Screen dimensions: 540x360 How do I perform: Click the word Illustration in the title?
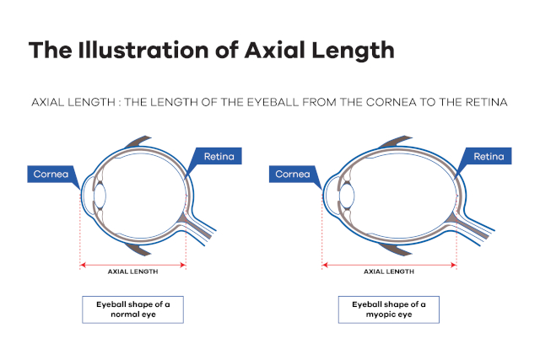(x=143, y=51)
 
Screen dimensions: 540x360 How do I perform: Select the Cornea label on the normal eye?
(x=51, y=175)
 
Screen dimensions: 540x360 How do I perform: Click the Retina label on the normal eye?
(x=219, y=156)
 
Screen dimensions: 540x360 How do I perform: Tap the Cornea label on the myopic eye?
(x=293, y=175)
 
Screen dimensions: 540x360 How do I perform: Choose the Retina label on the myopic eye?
(x=489, y=156)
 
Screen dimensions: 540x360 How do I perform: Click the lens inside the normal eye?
(x=100, y=196)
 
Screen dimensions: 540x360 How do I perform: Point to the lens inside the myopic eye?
(x=347, y=196)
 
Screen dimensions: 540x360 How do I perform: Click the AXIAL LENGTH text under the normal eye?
(x=133, y=271)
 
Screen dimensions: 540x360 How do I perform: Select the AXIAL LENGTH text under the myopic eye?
(x=389, y=271)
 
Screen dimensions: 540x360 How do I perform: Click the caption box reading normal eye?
(x=133, y=309)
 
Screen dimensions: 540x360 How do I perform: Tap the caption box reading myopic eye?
(x=389, y=309)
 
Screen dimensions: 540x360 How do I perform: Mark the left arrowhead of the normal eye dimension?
(x=83, y=265)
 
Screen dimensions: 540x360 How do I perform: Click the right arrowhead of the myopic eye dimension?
(x=454, y=265)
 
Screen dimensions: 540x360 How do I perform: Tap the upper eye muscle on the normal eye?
(x=138, y=141)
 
